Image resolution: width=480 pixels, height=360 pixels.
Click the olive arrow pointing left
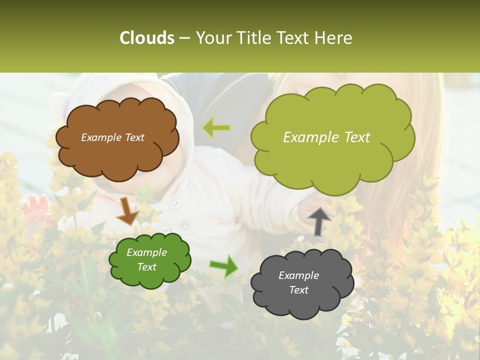216,128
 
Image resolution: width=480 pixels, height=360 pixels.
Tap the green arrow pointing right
223,266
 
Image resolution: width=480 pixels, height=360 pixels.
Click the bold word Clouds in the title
147,38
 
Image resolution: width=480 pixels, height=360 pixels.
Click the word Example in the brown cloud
101,137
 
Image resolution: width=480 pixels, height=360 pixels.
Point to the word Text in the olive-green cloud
357,137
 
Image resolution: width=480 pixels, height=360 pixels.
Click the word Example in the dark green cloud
146,252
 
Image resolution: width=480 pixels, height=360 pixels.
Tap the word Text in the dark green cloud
146,267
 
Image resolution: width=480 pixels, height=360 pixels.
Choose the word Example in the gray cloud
298,275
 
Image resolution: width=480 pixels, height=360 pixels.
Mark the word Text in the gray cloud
298,290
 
